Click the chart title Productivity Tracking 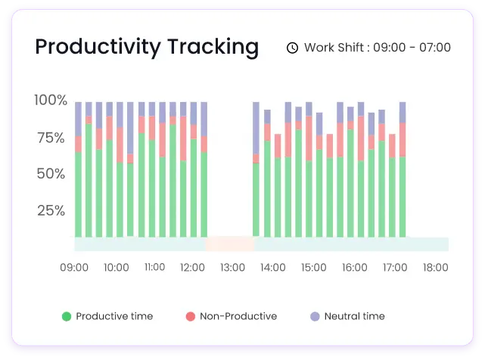[x=147, y=47]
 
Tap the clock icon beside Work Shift [x=292, y=48]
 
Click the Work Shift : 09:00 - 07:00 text [x=377, y=48]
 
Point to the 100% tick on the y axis [x=51, y=100]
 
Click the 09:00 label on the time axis [x=74, y=268]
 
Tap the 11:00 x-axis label [x=154, y=268]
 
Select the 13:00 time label [x=233, y=268]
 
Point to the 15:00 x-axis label [x=314, y=268]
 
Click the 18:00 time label [x=435, y=268]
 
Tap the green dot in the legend [x=67, y=316]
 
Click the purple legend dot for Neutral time [x=314, y=316]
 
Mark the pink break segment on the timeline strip [x=230, y=244]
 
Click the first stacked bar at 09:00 [x=79, y=170]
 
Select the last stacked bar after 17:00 [x=403, y=170]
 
